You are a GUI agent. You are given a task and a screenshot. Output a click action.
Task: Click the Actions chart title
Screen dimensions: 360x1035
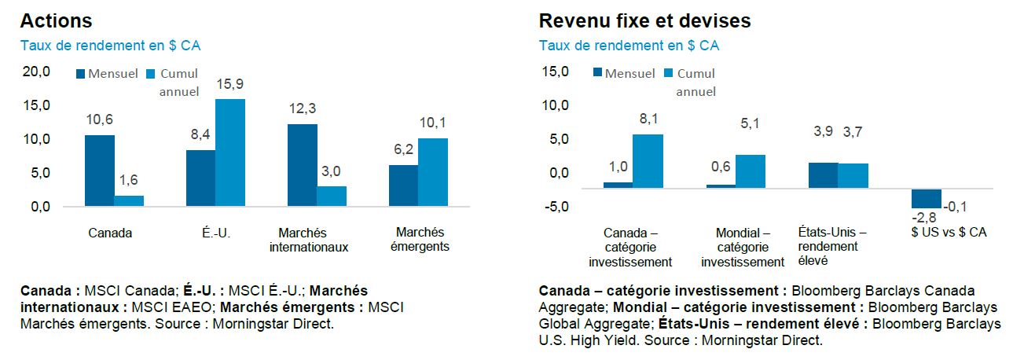coord(57,20)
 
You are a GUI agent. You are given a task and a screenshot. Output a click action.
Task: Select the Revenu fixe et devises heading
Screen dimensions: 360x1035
coord(644,20)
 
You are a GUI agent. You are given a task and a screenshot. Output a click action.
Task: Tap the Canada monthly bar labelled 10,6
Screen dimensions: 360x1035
coord(99,171)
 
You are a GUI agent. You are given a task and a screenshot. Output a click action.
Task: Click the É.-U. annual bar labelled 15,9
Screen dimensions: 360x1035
coord(230,152)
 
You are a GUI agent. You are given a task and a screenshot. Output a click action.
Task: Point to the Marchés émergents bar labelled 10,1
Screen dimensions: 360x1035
coord(433,172)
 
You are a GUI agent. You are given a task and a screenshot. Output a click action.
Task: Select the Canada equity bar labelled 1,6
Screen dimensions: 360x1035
coord(129,200)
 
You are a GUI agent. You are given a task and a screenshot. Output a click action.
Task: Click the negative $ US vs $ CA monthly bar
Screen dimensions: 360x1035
coord(927,197)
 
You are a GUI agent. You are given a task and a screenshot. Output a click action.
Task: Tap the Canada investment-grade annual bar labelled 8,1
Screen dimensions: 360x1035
coord(648,161)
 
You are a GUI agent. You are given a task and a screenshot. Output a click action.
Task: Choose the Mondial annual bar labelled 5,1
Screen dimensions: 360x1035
coord(751,171)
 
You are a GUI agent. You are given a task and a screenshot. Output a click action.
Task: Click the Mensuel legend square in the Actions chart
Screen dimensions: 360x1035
coord(80,74)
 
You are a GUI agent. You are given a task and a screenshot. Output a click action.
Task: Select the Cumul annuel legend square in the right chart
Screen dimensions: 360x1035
coord(669,74)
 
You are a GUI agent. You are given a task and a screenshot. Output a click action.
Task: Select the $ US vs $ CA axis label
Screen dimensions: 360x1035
coord(949,233)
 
